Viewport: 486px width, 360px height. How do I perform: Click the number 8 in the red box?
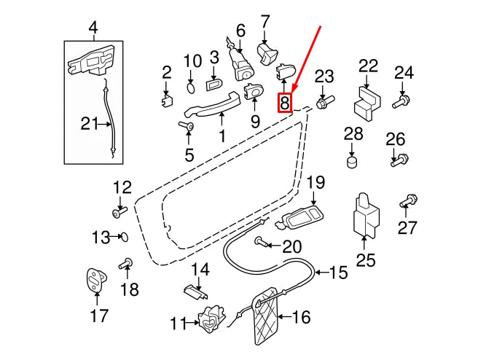[286, 103]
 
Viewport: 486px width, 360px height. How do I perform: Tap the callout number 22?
[369, 66]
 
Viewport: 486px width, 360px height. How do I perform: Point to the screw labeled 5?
[187, 128]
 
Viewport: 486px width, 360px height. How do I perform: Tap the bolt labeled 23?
[324, 101]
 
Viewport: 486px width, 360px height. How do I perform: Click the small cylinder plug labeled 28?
[353, 160]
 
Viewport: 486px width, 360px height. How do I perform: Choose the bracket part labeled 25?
[367, 216]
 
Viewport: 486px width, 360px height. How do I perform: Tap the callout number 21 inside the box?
[89, 125]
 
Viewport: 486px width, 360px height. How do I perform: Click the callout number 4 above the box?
[93, 29]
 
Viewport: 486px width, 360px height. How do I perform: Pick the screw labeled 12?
[119, 212]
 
